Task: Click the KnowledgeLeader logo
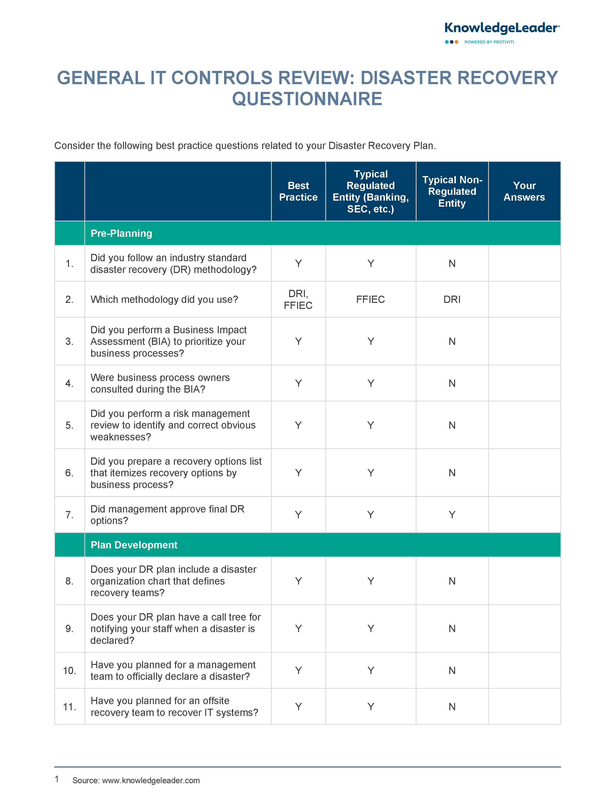tap(501, 28)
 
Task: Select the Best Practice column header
tap(298, 191)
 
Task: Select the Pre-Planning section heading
tap(121, 233)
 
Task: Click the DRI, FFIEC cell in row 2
tap(298, 299)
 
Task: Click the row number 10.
tap(69, 670)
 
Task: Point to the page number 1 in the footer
tap(57, 779)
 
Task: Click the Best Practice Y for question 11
tap(298, 707)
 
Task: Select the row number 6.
tap(69, 473)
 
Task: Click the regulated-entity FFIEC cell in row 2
tap(370, 299)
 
